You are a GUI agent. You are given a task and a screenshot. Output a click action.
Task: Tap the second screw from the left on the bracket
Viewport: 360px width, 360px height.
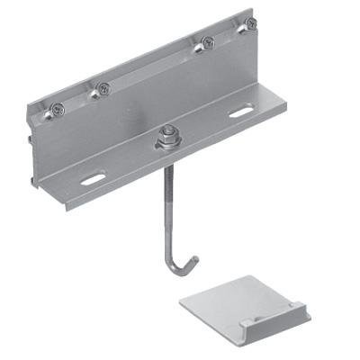coord(103,88)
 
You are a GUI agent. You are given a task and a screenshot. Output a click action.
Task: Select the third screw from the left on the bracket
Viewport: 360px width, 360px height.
coord(208,41)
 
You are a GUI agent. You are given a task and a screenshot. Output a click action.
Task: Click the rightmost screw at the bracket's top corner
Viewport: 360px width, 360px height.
coord(251,24)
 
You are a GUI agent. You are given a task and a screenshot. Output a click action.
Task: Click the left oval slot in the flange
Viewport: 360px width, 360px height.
coord(93,179)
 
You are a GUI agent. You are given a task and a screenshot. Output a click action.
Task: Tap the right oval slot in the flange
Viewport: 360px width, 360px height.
coord(240,112)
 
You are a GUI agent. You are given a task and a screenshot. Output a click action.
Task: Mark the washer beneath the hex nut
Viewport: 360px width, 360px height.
coord(166,146)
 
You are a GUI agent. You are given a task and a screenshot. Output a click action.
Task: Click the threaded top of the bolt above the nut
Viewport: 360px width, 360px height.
coord(166,129)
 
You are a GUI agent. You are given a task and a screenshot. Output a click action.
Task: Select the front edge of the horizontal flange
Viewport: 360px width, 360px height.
coord(180,162)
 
